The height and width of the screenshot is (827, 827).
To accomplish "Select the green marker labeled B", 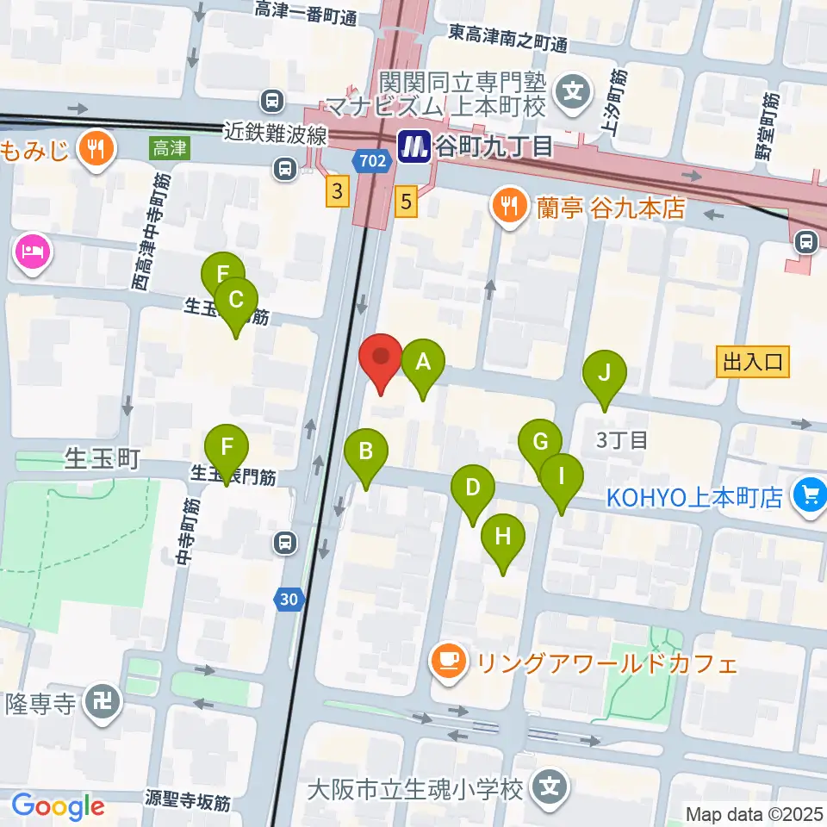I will pos(366,451).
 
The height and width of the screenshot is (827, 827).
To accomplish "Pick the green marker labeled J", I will pos(605,374).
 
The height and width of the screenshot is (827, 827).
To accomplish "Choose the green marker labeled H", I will pos(503,538).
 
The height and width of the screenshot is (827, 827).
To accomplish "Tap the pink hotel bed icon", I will pos(33,254).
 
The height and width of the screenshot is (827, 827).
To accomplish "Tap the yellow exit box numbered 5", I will pos(407,202).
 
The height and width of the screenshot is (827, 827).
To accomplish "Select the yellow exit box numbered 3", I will pos(337,193).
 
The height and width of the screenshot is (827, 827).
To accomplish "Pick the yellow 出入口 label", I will pos(754,363).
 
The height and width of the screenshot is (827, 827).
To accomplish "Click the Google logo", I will pos(58,806).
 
